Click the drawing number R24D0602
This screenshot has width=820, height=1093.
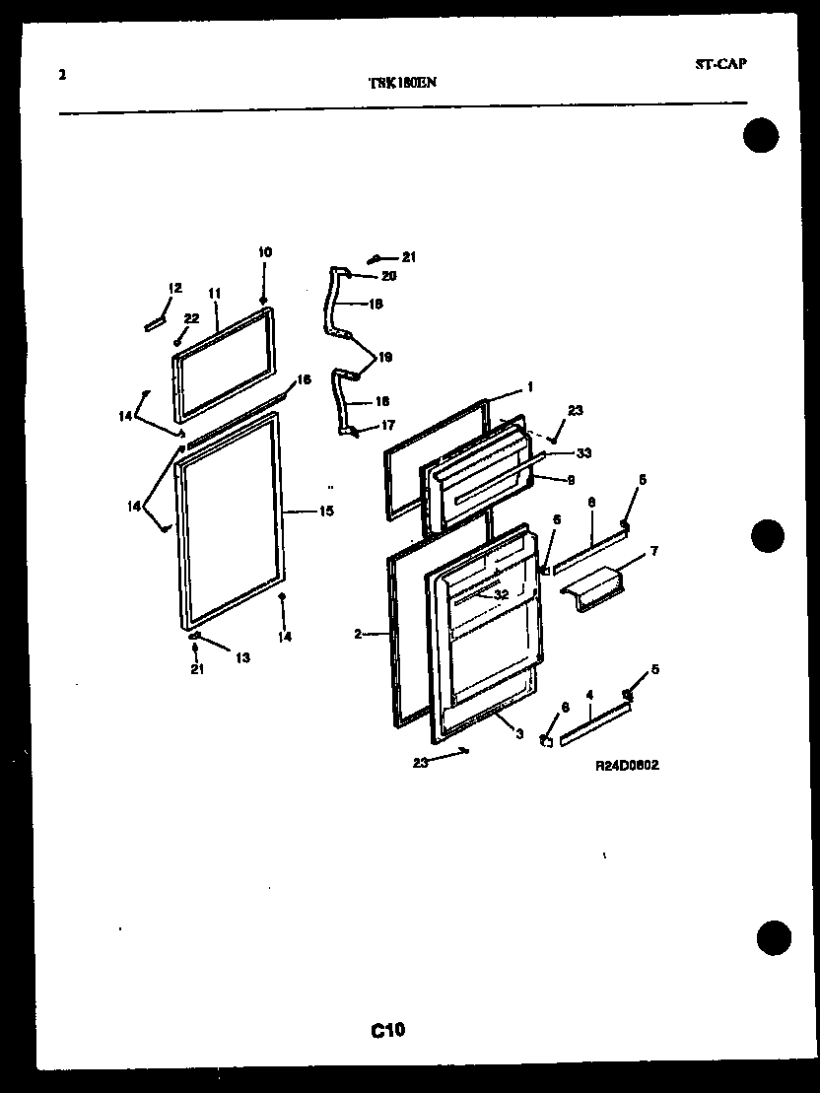point(627,764)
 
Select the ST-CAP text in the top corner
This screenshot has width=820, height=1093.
point(720,64)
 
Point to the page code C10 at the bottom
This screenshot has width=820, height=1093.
point(388,1031)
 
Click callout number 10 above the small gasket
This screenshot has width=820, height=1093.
point(265,252)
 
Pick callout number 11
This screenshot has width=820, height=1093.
point(214,293)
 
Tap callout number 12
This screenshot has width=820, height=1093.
point(175,288)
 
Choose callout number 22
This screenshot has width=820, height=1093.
point(191,317)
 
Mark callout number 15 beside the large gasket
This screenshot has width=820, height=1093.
point(325,511)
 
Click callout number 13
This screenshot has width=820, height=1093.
point(242,657)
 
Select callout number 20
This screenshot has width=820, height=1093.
point(388,276)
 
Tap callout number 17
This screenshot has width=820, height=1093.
point(388,426)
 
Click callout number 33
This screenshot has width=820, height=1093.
point(583,452)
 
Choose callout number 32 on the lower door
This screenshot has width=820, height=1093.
point(502,594)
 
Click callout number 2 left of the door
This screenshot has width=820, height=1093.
point(358,634)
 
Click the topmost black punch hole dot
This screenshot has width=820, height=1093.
point(761,135)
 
